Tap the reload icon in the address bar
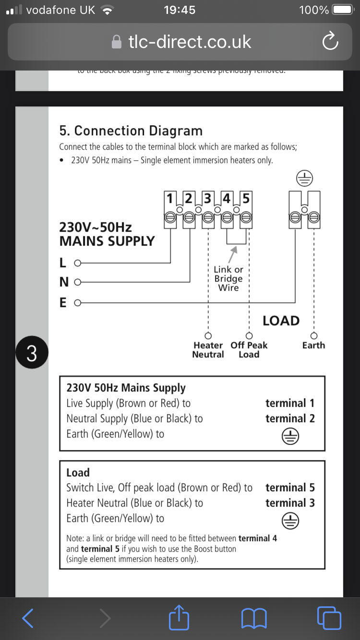tap(330, 42)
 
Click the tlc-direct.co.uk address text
tap(190, 42)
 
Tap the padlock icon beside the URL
tap(117, 42)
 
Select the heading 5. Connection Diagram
tap(131, 130)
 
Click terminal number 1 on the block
tap(169, 198)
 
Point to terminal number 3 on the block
tap(208, 198)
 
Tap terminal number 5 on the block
tap(245, 198)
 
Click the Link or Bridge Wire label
tap(228, 279)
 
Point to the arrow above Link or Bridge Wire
tap(233, 252)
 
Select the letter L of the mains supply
tap(62, 263)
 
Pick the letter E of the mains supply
tap(63, 303)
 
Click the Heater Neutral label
tap(208, 350)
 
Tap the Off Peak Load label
tap(249, 350)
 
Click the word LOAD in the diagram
tap(281, 320)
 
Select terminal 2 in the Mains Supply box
tap(290, 418)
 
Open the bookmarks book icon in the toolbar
tap(253, 618)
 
